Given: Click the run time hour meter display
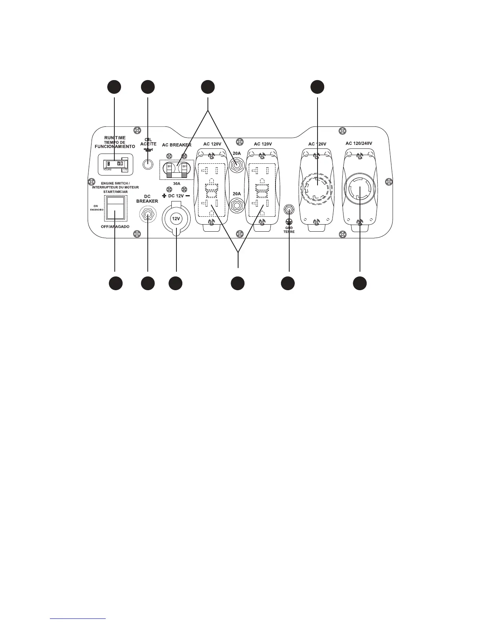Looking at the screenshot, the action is [x=115, y=164].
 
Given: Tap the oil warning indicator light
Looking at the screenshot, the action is [x=147, y=164].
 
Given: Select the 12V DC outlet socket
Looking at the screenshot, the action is [x=176, y=218].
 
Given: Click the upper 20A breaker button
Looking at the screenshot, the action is [x=236, y=165].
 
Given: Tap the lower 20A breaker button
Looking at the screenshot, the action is [x=236, y=205].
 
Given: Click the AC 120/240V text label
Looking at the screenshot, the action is [x=359, y=143].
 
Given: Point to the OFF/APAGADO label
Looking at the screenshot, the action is [x=115, y=227].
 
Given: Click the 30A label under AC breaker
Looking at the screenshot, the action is [x=176, y=183].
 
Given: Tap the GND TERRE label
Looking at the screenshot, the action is [x=289, y=230].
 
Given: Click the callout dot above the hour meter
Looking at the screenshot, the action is [x=114, y=87].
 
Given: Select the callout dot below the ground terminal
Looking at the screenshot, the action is [x=288, y=284].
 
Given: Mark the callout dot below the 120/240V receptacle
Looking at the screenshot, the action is [x=360, y=284].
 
